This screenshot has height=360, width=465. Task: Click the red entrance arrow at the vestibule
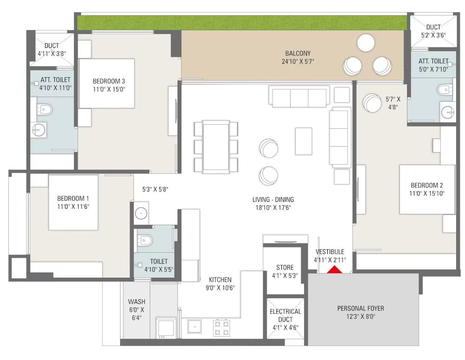click(334, 269)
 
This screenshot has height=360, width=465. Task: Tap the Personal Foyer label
click(361, 308)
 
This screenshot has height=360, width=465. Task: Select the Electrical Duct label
click(286, 315)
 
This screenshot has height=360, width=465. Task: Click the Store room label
click(285, 267)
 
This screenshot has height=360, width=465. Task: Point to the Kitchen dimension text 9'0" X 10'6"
click(220, 287)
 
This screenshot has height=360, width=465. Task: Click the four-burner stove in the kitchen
click(221, 328)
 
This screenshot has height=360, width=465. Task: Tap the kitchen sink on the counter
click(194, 327)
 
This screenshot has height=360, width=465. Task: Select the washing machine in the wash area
click(166, 328)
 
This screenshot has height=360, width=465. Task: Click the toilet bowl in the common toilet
click(145, 240)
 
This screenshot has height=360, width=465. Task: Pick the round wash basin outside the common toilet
click(141, 213)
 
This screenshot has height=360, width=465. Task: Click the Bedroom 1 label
click(73, 199)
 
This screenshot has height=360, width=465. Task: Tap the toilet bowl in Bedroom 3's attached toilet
click(45, 109)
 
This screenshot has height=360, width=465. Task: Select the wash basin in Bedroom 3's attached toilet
click(39, 130)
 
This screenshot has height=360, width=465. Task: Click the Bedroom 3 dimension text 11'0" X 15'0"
click(109, 89)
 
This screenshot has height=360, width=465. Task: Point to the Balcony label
click(298, 53)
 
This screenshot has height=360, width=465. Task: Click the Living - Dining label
click(273, 200)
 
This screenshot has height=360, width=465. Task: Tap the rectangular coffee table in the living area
click(303, 141)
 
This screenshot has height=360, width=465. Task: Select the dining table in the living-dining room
click(216, 147)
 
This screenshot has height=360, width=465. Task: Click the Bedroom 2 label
click(427, 185)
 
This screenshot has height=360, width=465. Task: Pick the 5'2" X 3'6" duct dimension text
click(433, 35)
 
